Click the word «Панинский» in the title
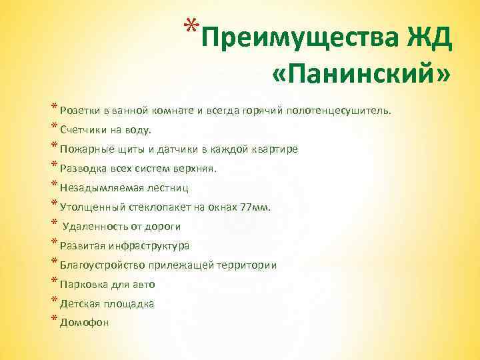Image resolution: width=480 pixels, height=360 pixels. click(361, 73)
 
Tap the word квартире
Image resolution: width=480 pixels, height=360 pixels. click(276, 149)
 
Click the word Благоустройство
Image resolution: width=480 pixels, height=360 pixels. click(101, 265)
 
